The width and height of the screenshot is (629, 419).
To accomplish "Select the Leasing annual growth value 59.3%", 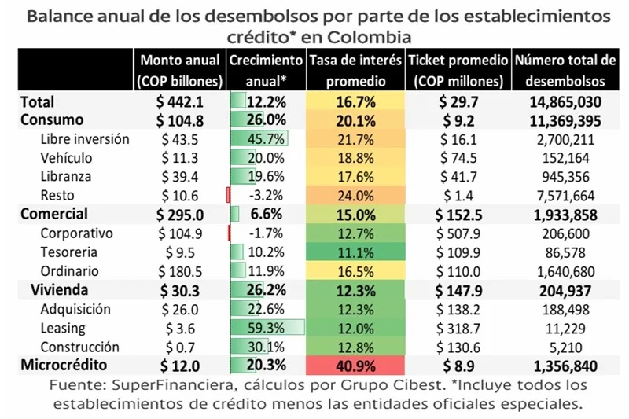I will pos(265,328).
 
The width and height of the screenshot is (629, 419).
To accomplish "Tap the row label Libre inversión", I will pos(85,138).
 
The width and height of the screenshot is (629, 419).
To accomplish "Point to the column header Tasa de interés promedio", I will pos(355,70).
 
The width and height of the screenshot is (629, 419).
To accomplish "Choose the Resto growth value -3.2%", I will pos(265,196).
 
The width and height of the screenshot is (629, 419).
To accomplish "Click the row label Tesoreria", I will pos(69,252).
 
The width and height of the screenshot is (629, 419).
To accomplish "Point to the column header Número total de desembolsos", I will pos(565,70).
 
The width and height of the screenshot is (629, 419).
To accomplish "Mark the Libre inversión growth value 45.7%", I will pos(265,138).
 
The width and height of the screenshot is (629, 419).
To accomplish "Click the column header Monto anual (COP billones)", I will pos(180,70).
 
